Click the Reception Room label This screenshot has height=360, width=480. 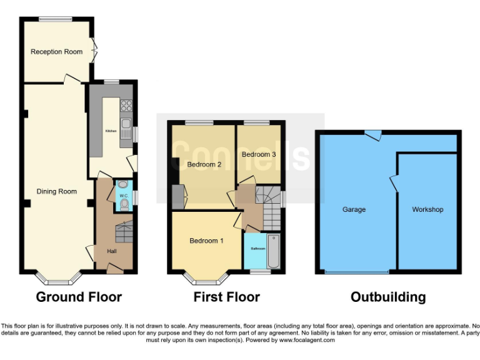[x=57, y=52]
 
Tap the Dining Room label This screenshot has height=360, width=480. [x=57, y=191]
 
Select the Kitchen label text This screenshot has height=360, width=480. [x=111, y=131]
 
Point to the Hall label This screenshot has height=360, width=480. [x=112, y=251]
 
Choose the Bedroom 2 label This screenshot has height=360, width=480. [x=204, y=164]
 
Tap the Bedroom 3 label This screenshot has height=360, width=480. [x=259, y=154]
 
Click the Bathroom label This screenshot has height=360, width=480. [x=258, y=248]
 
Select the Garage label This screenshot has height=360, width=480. [x=354, y=209]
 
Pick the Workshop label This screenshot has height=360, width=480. [x=427, y=209]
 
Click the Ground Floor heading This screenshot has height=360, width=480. [x=79, y=297]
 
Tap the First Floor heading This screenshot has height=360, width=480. [x=226, y=297]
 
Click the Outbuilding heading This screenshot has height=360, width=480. [x=388, y=297]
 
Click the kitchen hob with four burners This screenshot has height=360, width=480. [x=126, y=106]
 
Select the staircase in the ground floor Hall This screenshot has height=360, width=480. [x=124, y=232]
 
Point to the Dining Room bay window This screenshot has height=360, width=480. [x=57, y=277]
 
